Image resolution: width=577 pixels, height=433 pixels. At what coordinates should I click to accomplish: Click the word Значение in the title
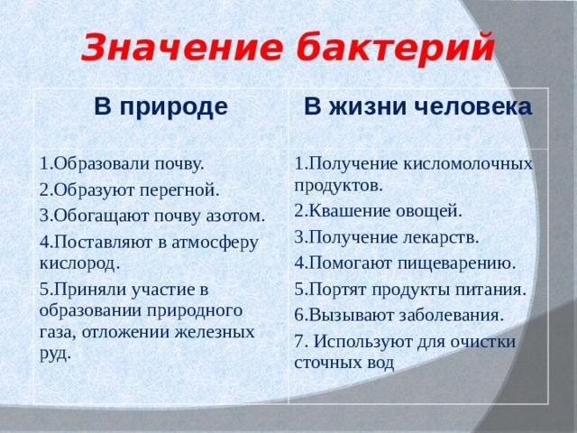(x=182, y=48)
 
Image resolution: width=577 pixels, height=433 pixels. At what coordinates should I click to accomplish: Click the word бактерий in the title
(x=396, y=48)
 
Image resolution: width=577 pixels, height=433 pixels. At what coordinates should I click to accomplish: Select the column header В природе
(x=161, y=107)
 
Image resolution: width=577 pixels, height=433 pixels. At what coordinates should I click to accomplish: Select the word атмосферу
(x=215, y=243)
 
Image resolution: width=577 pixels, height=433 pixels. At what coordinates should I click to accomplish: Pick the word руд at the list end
(x=54, y=354)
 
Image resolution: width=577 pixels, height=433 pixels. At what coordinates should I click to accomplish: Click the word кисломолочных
(x=468, y=164)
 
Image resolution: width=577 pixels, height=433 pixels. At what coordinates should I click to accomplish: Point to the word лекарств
(x=441, y=237)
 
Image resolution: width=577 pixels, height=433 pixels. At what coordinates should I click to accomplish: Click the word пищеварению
(x=457, y=264)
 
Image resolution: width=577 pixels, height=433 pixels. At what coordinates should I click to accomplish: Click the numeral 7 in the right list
(x=298, y=342)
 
